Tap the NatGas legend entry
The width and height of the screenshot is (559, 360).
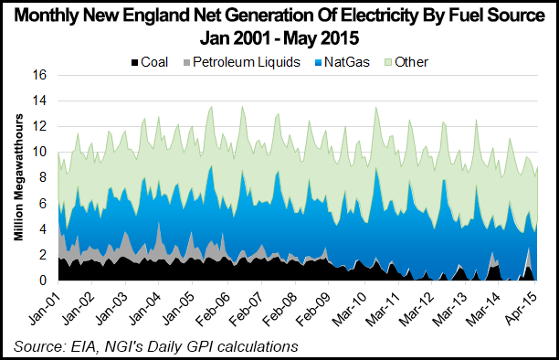point(334,62)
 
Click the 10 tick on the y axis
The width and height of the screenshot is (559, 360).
point(39,153)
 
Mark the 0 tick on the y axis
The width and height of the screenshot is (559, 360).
point(43,280)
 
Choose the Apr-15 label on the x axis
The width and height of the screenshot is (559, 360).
point(530,304)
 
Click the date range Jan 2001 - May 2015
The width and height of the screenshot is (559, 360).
point(279,39)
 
